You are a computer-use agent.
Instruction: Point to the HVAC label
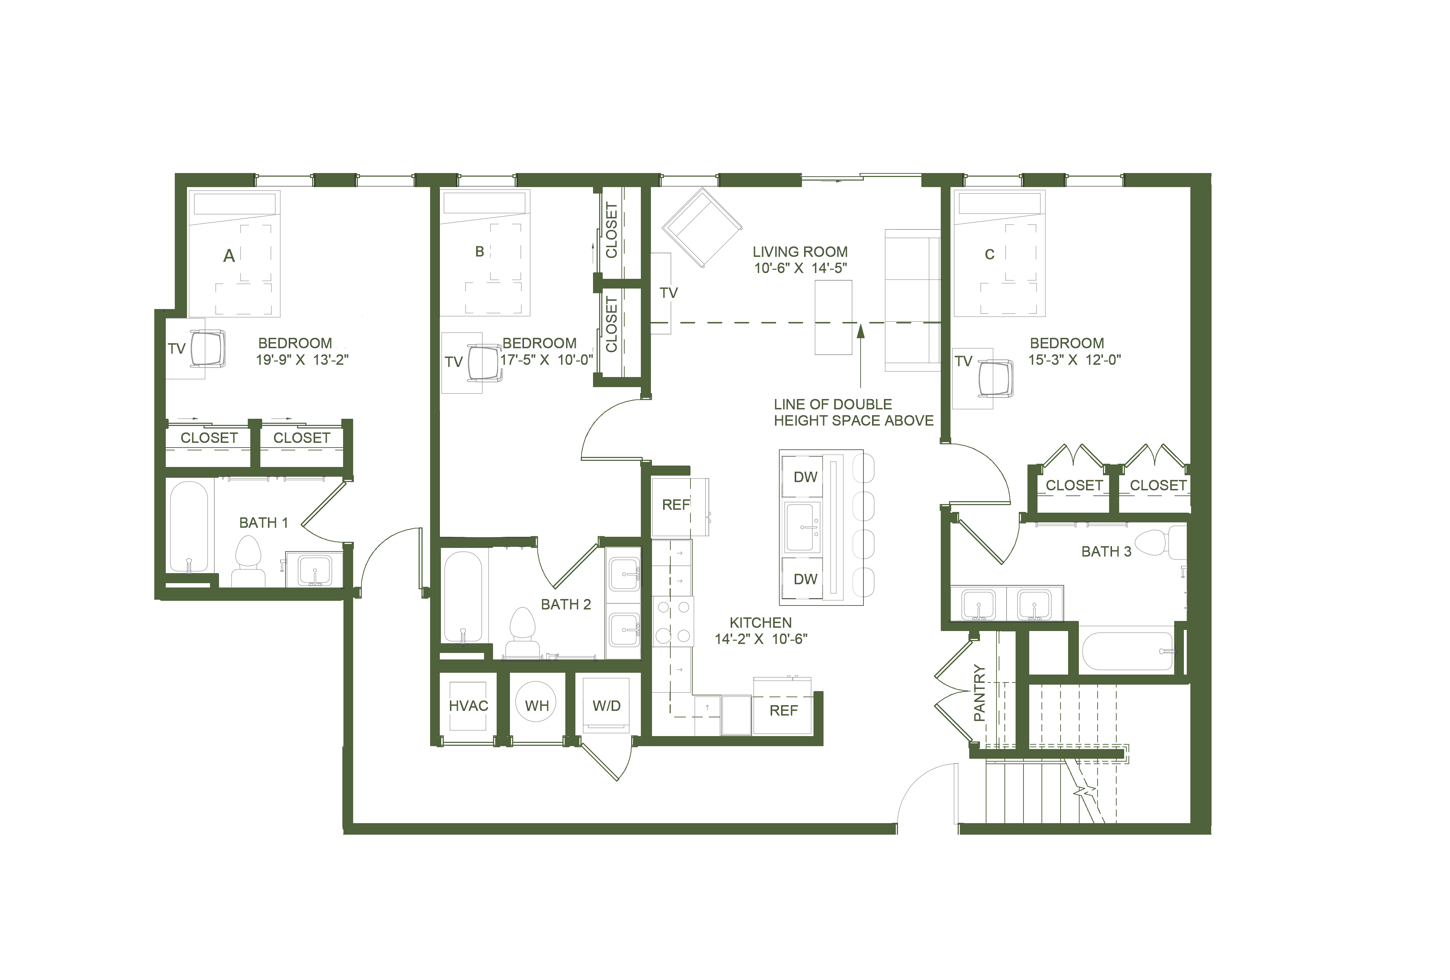pyautogui.click(x=470, y=707)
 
